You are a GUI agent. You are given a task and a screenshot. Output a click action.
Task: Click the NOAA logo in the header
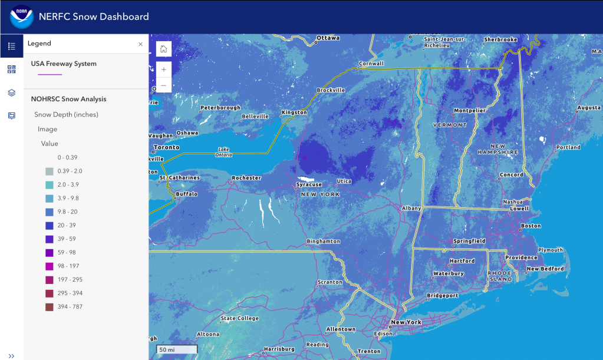point(22,16)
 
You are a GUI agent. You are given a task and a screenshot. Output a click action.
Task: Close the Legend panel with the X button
point(140,44)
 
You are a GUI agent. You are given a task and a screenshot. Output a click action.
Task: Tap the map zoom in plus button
point(163,70)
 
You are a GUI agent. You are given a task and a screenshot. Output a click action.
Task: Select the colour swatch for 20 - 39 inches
point(50,226)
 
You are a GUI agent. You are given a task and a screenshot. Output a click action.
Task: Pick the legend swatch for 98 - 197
point(50,266)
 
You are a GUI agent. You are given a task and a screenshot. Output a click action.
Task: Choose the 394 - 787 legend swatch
point(50,306)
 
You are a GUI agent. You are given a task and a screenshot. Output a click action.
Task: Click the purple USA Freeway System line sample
point(50,74)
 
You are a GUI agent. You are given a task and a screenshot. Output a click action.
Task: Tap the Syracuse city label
point(309,185)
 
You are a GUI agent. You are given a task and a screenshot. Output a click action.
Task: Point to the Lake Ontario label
point(224,151)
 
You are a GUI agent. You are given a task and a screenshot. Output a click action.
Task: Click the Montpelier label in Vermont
point(470,111)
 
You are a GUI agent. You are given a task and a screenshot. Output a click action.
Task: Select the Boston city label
point(531,226)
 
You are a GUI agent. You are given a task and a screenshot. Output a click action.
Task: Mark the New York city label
point(407,322)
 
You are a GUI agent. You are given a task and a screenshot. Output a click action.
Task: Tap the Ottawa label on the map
point(328,38)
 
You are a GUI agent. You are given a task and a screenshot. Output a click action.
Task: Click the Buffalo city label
point(186,194)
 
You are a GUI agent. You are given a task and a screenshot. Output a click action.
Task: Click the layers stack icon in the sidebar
point(12,93)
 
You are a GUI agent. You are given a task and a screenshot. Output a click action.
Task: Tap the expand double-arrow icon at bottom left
point(12,355)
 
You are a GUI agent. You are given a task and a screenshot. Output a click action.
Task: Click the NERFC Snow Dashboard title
point(94,16)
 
